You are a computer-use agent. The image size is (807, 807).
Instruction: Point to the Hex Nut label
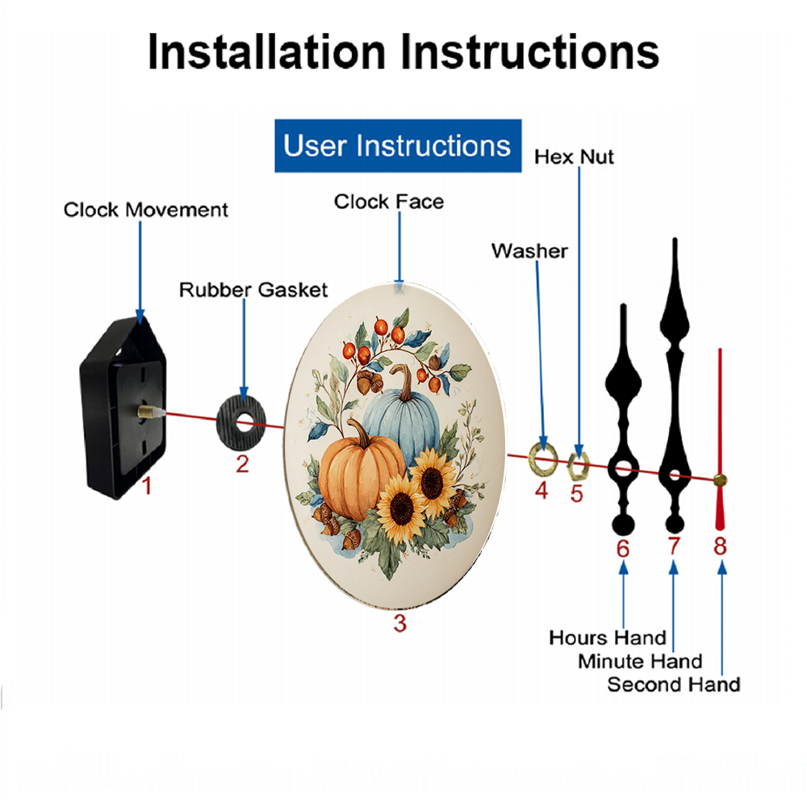point(574,157)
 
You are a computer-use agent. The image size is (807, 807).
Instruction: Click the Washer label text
point(529,251)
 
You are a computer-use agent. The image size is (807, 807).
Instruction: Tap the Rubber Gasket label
point(253,291)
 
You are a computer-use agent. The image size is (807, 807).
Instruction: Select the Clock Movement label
point(145,210)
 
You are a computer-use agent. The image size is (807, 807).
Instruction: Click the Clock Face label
point(389,202)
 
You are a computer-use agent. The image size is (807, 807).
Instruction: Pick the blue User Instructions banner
point(398,145)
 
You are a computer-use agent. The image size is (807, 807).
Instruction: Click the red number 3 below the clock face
point(400,623)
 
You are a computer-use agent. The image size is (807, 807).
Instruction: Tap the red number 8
point(720,546)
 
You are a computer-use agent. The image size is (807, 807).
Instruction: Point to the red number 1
point(147,486)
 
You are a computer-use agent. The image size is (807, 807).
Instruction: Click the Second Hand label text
point(674,685)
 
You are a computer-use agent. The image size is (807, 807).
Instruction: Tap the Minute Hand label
point(640,662)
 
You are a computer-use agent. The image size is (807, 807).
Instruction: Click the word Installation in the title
point(266,52)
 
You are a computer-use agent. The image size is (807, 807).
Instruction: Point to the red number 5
point(576,494)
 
